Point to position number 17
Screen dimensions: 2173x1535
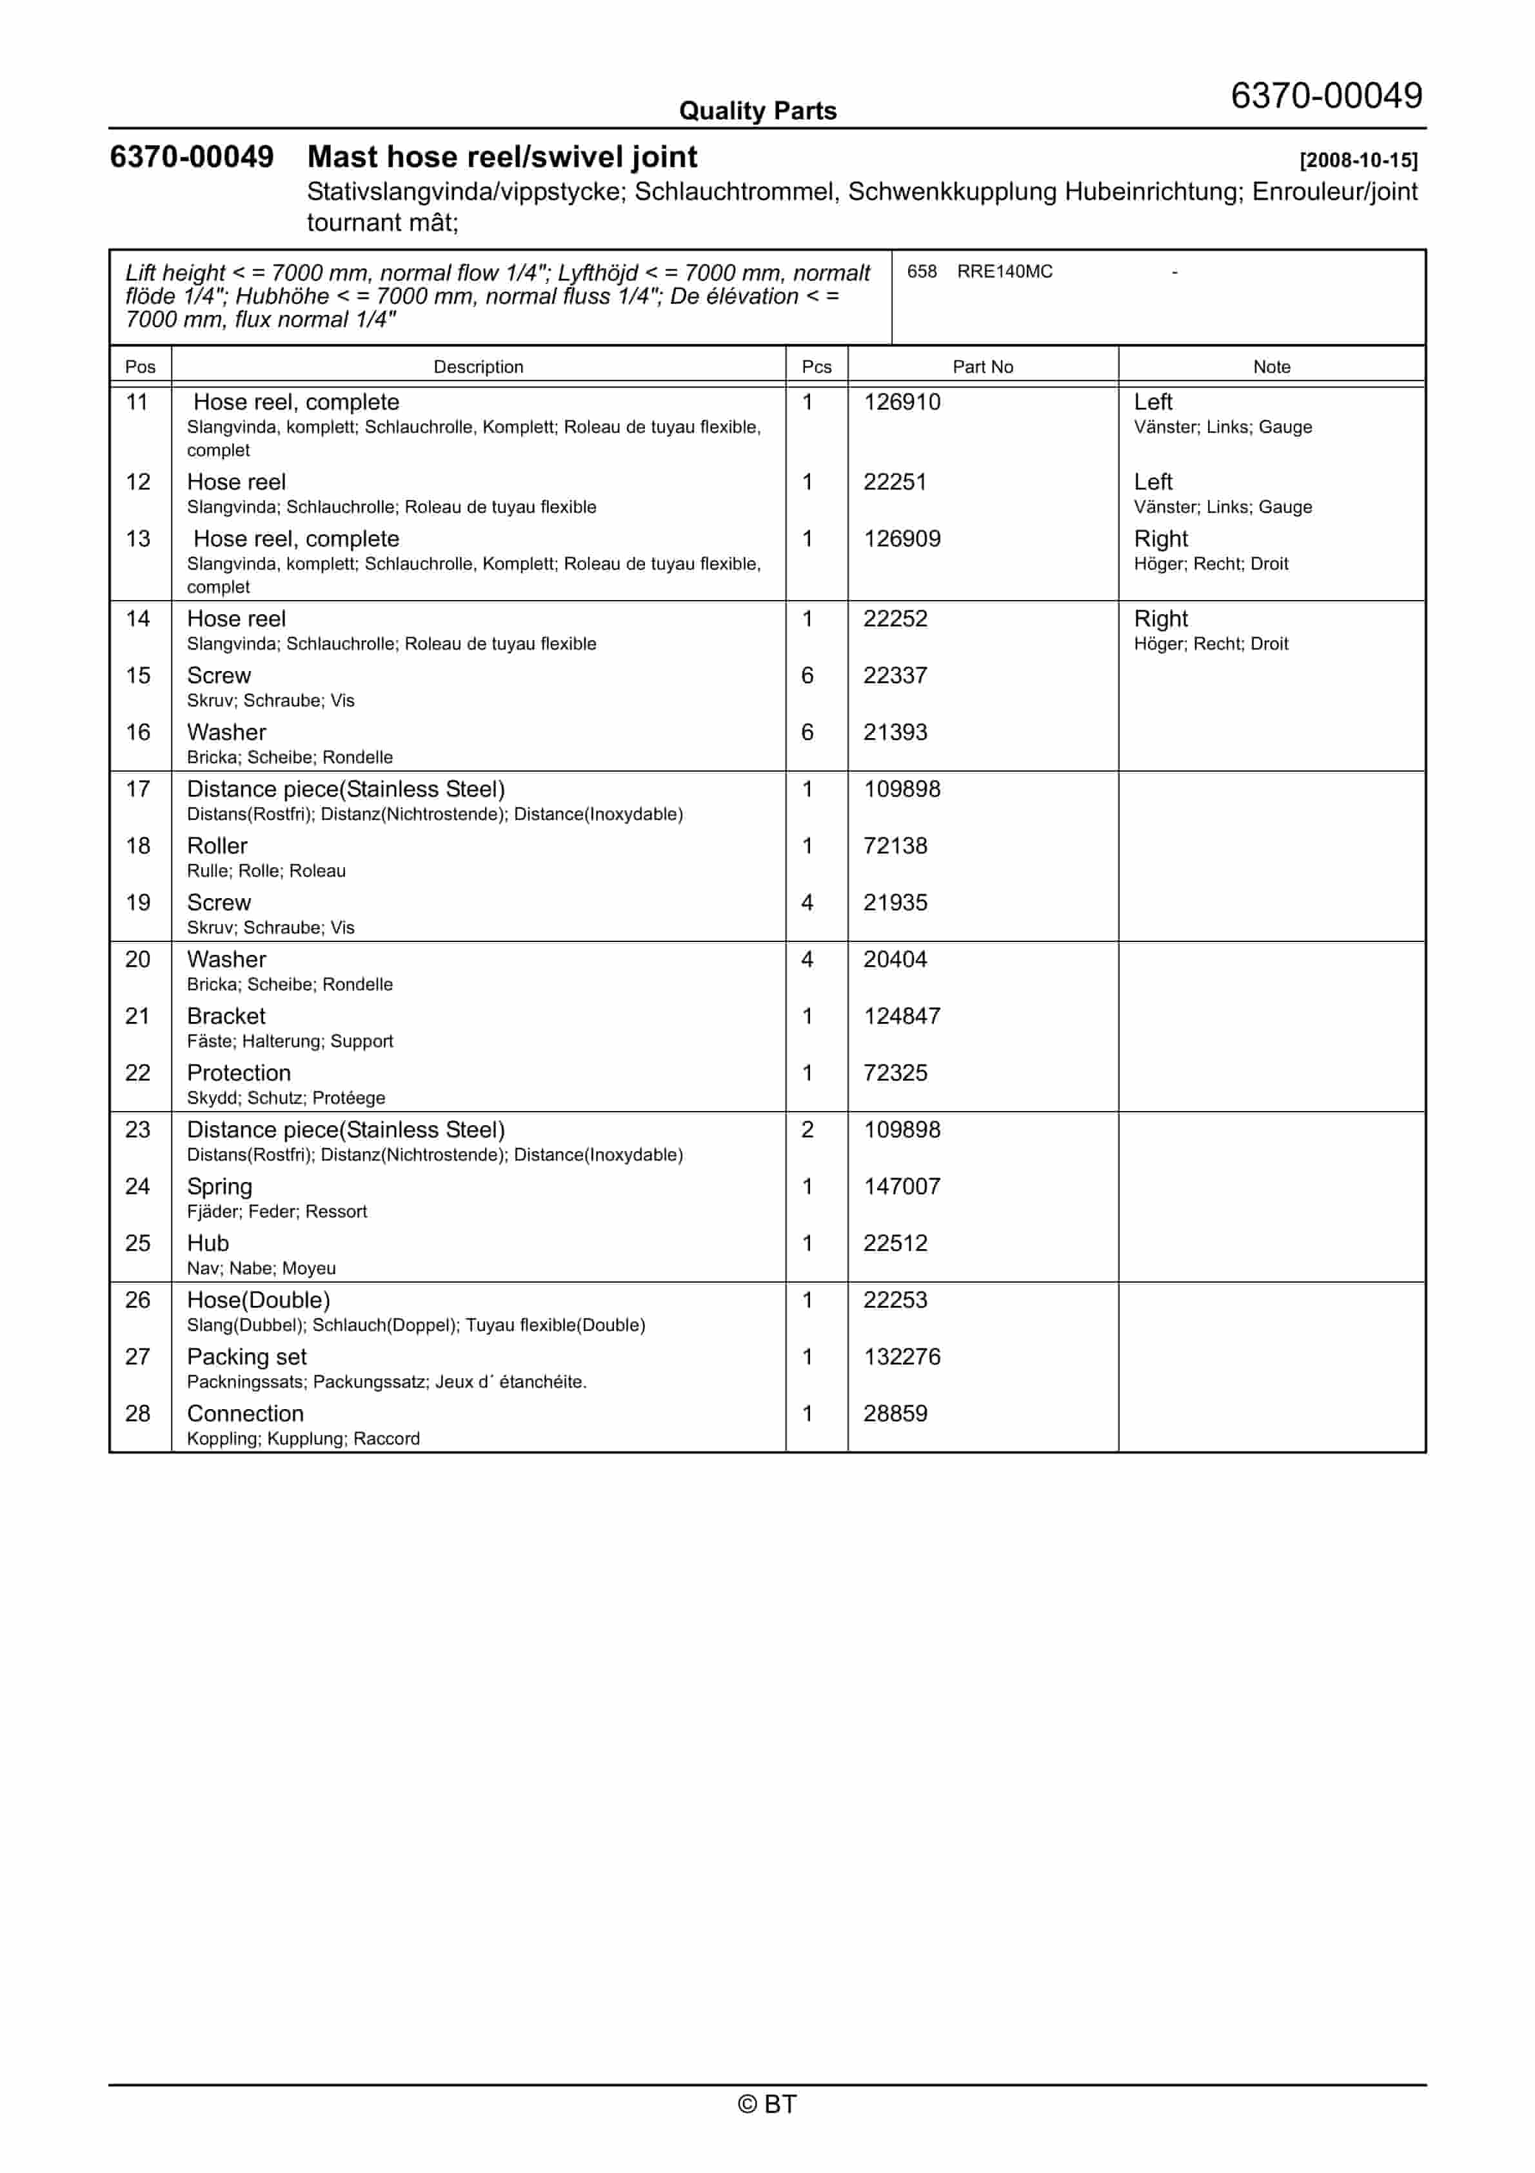coord(138,789)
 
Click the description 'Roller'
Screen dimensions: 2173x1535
coord(217,846)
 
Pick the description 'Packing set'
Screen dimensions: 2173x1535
coord(246,1357)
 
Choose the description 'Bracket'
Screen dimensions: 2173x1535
coord(226,1016)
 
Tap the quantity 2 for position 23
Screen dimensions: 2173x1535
coord(807,1130)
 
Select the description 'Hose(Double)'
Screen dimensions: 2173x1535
coord(259,1301)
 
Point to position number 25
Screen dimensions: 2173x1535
coord(138,1244)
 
